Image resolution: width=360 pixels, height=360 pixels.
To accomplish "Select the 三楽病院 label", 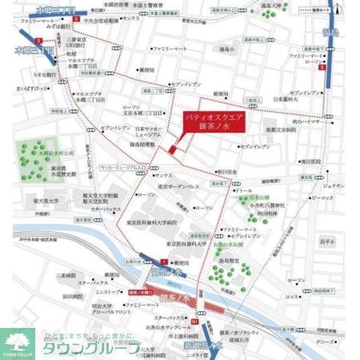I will point(66,276).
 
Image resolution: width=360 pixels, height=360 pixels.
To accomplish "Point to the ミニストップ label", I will point(107,293).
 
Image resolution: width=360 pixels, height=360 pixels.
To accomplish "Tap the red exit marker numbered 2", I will point(38,40).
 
